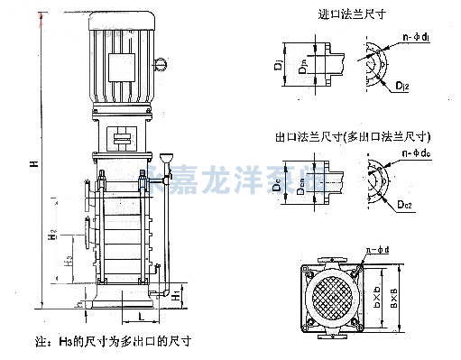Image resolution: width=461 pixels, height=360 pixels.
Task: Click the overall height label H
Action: pyautogui.click(x=32, y=164)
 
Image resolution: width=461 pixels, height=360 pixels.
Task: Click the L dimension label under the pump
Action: pyautogui.click(x=140, y=318)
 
